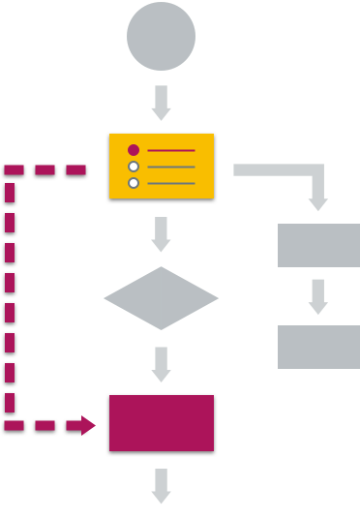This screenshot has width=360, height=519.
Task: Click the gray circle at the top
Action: (161, 37)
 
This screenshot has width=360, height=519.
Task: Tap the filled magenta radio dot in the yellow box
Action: (134, 150)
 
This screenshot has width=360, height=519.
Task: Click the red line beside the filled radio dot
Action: (170, 151)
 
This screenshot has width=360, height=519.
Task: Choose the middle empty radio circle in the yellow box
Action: (134, 167)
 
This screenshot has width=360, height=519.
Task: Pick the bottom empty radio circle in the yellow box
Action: (134, 183)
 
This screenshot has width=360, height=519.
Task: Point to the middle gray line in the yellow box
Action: (170, 167)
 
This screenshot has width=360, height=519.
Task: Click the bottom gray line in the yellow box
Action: (170, 183)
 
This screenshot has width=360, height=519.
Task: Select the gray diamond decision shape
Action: (161, 298)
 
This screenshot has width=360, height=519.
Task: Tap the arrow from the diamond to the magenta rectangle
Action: (161, 364)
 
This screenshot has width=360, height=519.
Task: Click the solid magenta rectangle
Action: (161, 422)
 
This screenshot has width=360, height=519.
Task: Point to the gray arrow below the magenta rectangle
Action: (161, 486)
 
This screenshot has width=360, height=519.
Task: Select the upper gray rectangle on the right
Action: (318, 245)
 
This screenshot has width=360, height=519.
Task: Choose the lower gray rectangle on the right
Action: (318, 347)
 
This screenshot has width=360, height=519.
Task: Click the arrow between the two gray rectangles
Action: (318, 296)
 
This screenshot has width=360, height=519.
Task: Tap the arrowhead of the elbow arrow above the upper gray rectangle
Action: (318, 203)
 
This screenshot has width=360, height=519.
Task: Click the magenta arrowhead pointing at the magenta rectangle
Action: (88, 425)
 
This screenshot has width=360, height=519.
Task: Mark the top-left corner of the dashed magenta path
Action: (10, 170)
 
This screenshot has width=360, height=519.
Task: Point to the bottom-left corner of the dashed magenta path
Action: (10, 425)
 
